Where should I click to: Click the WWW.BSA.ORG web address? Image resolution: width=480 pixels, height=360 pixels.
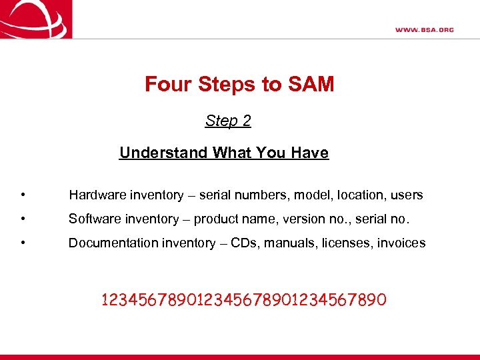pos(424,29)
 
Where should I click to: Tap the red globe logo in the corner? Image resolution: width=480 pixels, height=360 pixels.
pos(35,19)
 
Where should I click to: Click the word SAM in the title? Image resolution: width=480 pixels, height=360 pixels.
pos(311,85)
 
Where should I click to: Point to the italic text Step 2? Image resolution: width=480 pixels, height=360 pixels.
pos(228,121)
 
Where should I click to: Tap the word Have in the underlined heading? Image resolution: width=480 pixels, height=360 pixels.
pos(310,153)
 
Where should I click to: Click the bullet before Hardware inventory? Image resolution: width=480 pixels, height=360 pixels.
pos(23,195)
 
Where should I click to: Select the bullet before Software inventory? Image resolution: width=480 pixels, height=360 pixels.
pos(23,219)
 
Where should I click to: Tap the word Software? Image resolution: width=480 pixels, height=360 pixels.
pos(94,219)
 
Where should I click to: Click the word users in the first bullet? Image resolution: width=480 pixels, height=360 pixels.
pos(407,195)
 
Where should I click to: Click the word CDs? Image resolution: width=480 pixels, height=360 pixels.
pos(245,243)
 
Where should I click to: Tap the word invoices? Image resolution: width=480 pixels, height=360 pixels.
pos(402,243)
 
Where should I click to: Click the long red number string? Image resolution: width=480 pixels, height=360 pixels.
pos(243,300)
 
